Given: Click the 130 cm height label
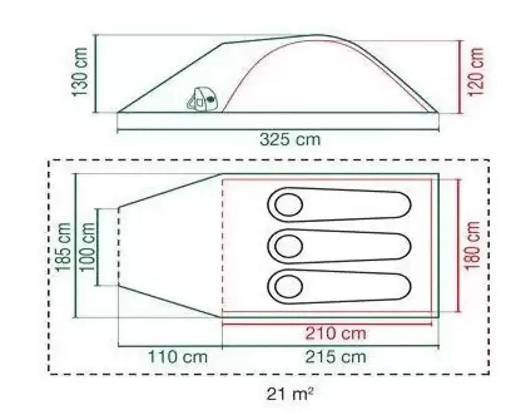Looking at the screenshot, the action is tap(80, 72).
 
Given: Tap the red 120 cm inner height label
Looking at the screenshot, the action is tap(477, 72).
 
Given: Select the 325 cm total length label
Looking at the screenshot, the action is tap(290, 140).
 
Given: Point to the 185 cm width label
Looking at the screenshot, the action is tap(63, 247).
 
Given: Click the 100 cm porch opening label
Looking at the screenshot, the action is tap(87, 247).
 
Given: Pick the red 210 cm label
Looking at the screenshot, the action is tap(336, 334).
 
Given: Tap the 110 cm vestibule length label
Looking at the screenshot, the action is tap(178, 357).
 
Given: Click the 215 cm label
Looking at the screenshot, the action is tap(336, 357).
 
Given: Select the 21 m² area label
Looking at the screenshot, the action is tap(290, 394).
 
